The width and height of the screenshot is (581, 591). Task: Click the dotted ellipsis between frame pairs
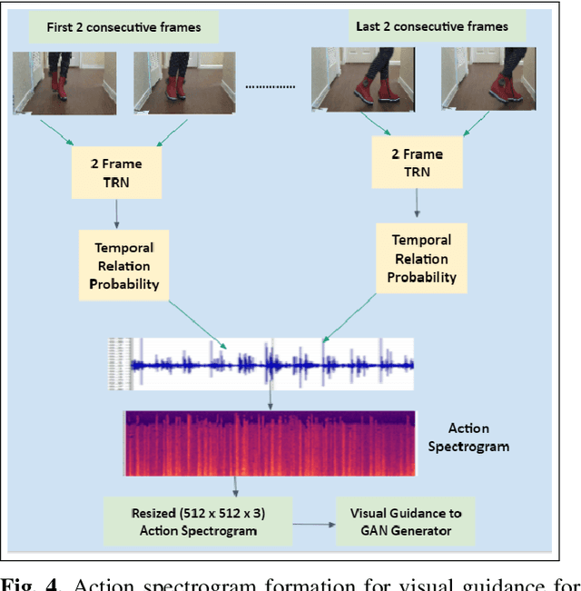271,87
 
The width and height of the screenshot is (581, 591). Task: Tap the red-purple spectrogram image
270,443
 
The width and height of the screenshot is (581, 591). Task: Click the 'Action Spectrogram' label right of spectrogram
478,437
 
